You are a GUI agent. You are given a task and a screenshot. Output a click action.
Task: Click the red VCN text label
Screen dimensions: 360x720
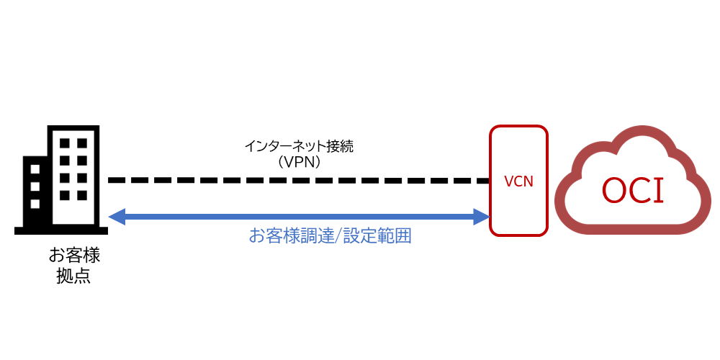pyautogui.click(x=518, y=181)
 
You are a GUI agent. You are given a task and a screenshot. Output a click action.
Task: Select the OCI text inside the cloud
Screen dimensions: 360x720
pyautogui.click(x=633, y=190)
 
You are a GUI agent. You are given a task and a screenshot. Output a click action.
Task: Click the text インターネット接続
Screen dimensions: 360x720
pyautogui.click(x=299, y=147)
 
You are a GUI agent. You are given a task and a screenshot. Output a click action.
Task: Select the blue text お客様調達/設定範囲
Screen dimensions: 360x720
pyautogui.click(x=330, y=236)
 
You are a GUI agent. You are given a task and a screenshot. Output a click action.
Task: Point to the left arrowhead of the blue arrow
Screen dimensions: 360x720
pyautogui.click(x=117, y=216)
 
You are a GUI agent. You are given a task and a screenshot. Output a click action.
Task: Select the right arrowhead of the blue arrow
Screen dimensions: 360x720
pyautogui.click(x=481, y=216)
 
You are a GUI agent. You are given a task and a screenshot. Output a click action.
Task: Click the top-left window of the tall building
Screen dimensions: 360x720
pyautogui.click(x=64, y=143)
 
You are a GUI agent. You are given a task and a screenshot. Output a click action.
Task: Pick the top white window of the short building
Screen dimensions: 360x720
pyautogui.click(x=34, y=170)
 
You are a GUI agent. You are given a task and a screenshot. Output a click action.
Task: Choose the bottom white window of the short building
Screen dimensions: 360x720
pyautogui.click(x=34, y=204)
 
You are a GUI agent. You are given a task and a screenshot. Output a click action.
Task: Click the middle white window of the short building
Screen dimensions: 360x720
pyautogui.click(x=34, y=187)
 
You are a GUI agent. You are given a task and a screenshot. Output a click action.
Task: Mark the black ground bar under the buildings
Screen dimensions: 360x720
pyautogui.click(x=61, y=230)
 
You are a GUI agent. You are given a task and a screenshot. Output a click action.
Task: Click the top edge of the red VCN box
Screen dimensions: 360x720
pyautogui.click(x=518, y=127)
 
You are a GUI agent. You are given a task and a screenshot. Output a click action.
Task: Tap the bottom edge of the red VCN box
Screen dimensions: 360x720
pyautogui.click(x=518, y=234)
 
